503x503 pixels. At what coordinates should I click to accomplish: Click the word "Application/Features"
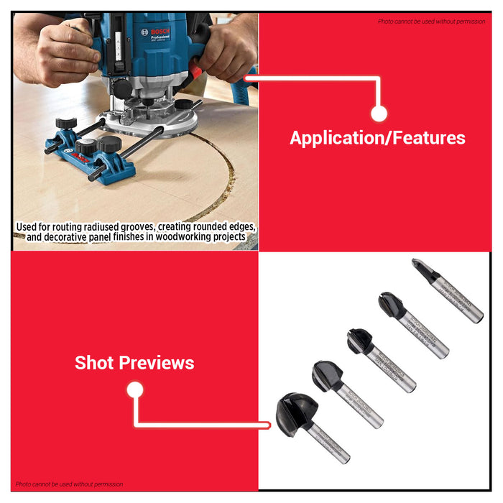click(x=377, y=138)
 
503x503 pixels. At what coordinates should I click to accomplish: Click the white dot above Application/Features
click(x=379, y=114)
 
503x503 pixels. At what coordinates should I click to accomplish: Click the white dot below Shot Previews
click(x=134, y=390)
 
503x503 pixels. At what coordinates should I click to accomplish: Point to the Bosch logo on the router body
click(x=156, y=32)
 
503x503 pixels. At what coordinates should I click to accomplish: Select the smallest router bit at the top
click(x=425, y=272)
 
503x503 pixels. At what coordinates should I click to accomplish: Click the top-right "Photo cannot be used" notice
click(x=431, y=22)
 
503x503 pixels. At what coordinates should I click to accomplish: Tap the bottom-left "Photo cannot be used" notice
click(x=69, y=484)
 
